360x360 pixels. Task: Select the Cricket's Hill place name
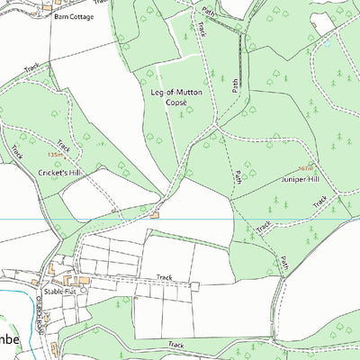(x=60, y=170)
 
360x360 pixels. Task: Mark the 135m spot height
(x=57, y=155)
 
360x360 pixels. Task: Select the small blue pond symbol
(x=328, y=42)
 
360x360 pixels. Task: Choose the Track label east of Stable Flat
(x=164, y=277)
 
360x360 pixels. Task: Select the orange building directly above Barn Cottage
(x=48, y=6)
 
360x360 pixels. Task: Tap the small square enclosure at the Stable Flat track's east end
(x=194, y=286)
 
